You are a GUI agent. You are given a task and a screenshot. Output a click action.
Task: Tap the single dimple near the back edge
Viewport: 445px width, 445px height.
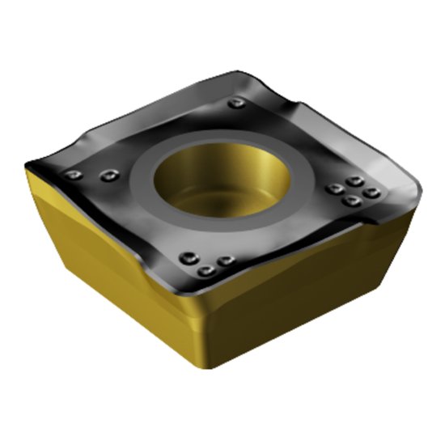[x=235, y=104]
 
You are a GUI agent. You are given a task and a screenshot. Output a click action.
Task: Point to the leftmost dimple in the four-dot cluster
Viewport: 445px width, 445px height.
[x=333, y=189]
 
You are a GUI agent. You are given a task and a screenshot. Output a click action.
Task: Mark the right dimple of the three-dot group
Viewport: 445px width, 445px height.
[x=226, y=260]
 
